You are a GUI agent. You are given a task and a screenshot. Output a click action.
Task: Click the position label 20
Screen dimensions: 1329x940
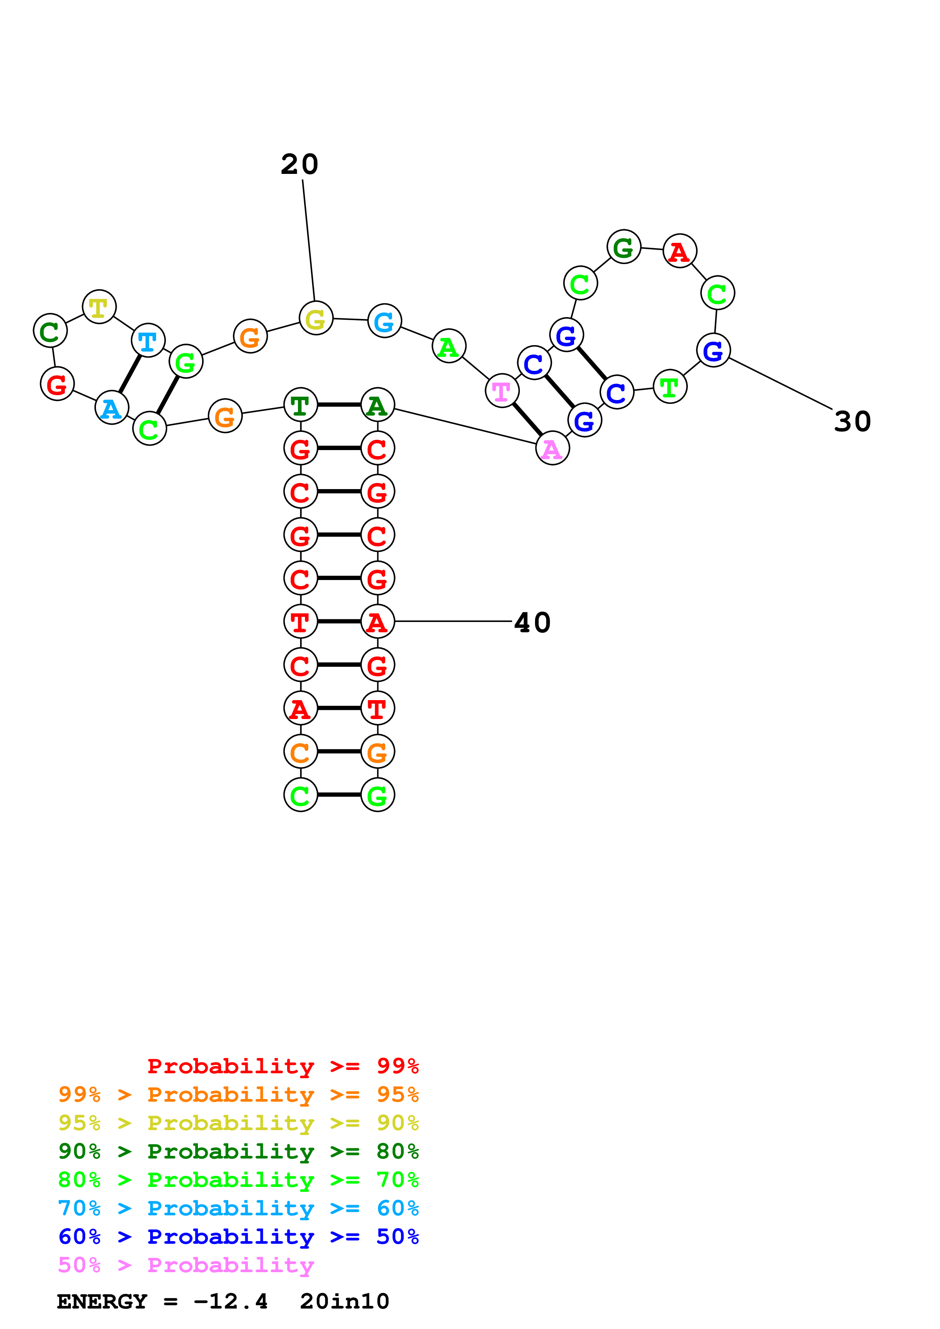coord(300,164)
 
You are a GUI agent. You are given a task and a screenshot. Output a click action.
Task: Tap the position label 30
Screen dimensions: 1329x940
coord(852,421)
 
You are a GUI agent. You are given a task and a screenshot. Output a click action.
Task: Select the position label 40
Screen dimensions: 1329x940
coord(532,623)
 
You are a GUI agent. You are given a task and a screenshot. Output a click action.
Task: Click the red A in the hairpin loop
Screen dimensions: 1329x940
coord(679,251)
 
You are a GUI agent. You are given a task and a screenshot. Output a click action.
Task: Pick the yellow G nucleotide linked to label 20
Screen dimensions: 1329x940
coord(315,318)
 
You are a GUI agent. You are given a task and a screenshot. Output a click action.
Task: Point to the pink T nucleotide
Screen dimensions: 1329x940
coord(502,391)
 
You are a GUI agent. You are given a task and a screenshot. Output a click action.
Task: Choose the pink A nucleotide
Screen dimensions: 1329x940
coord(552,449)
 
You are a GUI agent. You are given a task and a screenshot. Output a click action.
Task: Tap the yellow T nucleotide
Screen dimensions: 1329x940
coord(99,307)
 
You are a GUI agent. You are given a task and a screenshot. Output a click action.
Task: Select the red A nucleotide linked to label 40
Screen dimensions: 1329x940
coord(378,622)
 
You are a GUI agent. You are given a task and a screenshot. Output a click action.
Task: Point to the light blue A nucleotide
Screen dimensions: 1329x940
coord(111,408)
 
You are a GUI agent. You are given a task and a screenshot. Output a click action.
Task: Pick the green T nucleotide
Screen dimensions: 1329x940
coord(670,387)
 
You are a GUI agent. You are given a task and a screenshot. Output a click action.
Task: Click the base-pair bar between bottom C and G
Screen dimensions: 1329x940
coord(339,795)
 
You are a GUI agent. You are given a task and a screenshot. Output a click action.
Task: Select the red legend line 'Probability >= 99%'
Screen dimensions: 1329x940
coord(282,1066)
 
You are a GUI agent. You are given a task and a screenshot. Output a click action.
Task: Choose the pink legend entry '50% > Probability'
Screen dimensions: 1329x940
coord(186,1265)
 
